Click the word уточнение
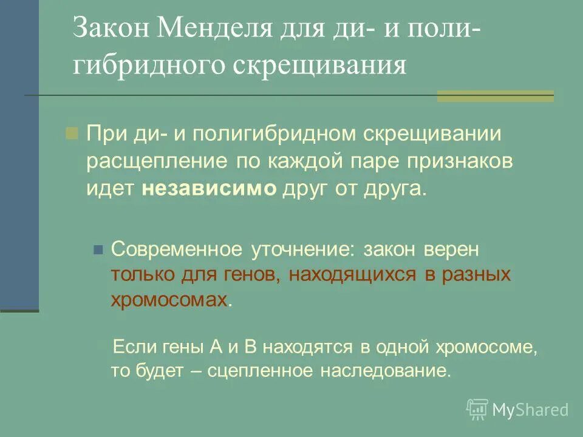301,249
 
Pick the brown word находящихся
352,274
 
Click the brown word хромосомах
169,299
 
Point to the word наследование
385,370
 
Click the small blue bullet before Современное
97,249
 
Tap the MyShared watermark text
531,410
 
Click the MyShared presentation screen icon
477,409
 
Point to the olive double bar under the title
496,96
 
